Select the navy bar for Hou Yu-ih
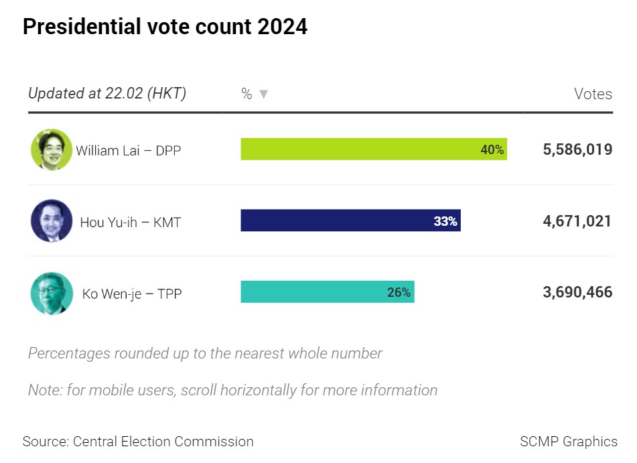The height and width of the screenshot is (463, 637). (x=335, y=220)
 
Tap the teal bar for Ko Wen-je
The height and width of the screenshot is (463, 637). (x=315, y=292)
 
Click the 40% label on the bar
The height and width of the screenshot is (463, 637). (x=492, y=149)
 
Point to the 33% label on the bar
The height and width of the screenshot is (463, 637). (x=445, y=220)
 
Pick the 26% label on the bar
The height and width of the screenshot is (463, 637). (x=399, y=292)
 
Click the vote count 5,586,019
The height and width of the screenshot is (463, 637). (x=577, y=149)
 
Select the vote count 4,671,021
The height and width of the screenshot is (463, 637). (x=577, y=220)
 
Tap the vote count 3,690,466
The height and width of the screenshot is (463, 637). (x=577, y=292)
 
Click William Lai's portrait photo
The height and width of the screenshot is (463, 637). (x=51, y=149)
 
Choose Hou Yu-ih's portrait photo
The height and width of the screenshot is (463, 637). (x=51, y=220)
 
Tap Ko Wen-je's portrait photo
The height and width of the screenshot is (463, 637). (x=51, y=293)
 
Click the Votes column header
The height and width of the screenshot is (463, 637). (x=593, y=94)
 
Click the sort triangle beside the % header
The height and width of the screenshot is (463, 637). (x=263, y=94)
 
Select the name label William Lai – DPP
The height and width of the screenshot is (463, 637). (x=128, y=150)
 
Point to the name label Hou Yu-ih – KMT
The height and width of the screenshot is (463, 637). (x=131, y=222)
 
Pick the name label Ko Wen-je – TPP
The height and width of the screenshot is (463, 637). (x=132, y=293)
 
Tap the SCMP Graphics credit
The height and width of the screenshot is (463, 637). (x=569, y=442)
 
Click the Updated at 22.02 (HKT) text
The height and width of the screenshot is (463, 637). (x=107, y=93)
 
